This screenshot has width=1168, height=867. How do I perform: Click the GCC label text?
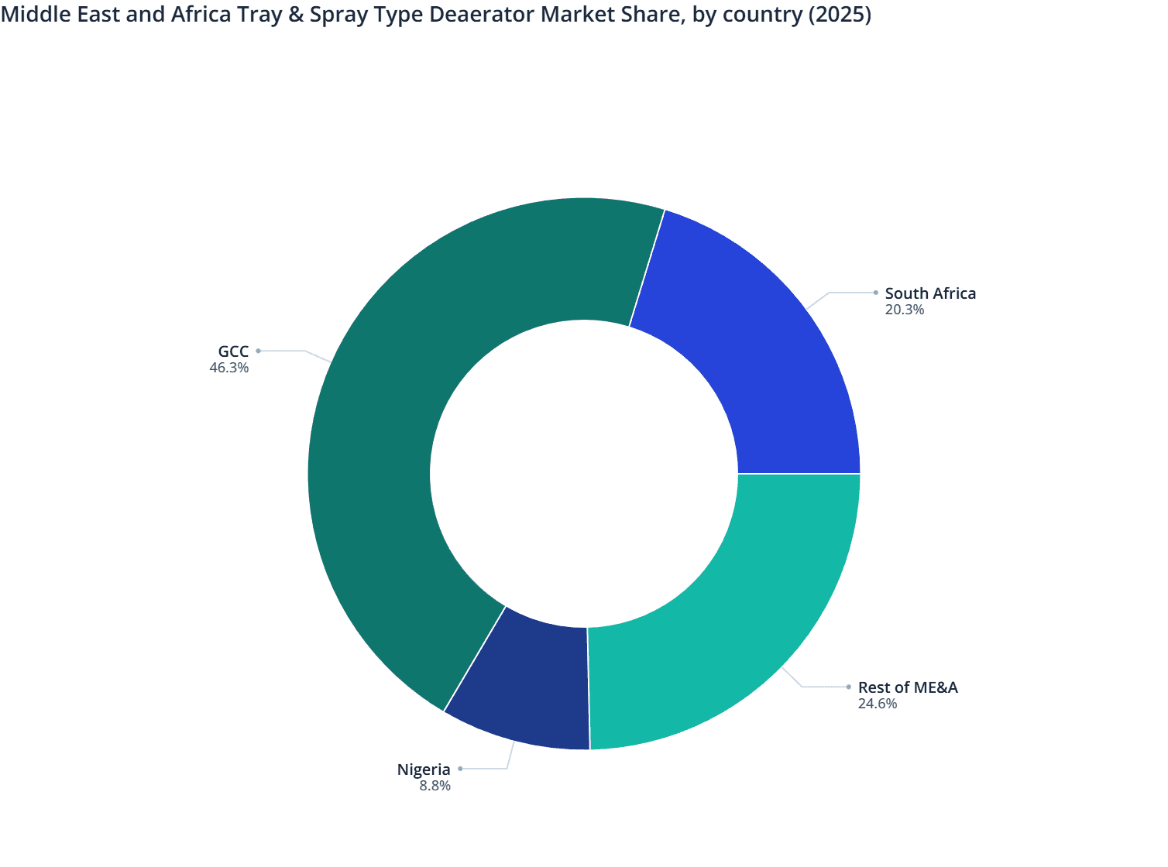click(x=233, y=351)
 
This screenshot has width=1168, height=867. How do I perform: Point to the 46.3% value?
click(x=228, y=368)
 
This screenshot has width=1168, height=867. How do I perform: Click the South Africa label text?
click(x=930, y=293)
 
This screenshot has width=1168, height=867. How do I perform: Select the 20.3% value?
click(x=904, y=310)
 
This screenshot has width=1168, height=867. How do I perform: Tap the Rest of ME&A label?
click(x=908, y=687)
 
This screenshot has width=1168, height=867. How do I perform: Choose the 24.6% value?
click(x=877, y=704)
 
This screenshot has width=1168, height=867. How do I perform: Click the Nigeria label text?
click(x=424, y=769)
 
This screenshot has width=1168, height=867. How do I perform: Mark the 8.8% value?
click(x=435, y=786)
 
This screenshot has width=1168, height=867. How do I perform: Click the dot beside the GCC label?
click(x=259, y=351)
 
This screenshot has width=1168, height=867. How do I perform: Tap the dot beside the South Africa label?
click(x=875, y=293)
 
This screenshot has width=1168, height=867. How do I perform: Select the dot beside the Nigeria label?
click(x=460, y=769)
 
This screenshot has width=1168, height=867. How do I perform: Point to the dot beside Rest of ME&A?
click(x=849, y=687)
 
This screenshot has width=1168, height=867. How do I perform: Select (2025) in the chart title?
click(x=840, y=15)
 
